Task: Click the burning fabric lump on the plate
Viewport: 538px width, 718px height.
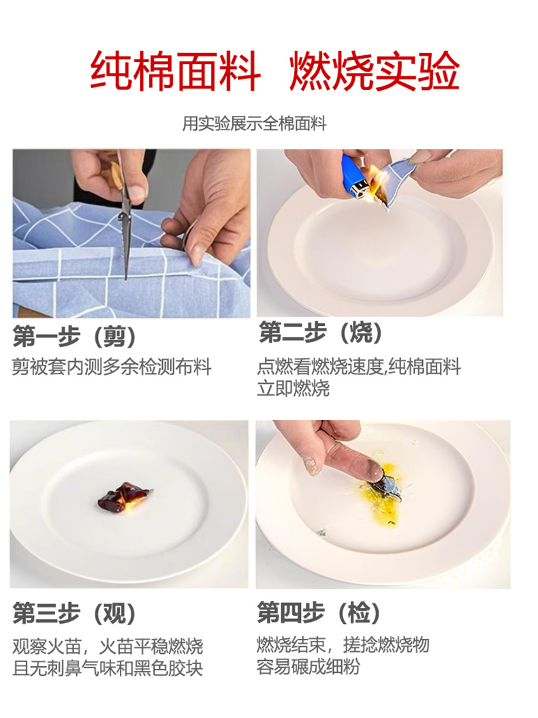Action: pyautogui.click(x=123, y=497)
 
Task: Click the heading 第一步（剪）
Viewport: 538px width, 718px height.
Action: pyautogui.click(x=74, y=337)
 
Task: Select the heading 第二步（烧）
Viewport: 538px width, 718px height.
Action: pyautogui.click(x=321, y=333)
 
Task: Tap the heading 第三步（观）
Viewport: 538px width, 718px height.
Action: pyautogui.click(x=74, y=614)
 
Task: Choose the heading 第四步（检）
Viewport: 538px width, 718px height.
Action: pyautogui.click(x=319, y=613)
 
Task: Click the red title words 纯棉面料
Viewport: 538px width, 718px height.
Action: pyautogui.click(x=175, y=71)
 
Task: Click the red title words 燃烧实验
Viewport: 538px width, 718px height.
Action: pyautogui.click(x=375, y=71)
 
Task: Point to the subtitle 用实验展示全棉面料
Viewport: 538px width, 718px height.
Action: pyautogui.click(x=255, y=123)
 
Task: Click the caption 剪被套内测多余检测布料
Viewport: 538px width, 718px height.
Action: pyautogui.click(x=112, y=367)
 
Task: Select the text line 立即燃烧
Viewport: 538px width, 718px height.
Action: pyautogui.click(x=294, y=388)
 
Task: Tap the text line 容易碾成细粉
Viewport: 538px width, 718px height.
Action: pyautogui.click(x=308, y=667)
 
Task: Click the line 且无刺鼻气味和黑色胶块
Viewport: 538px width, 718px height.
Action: pyautogui.click(x=108, y=668)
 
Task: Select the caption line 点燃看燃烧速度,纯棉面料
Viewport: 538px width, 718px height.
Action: pyautogui.click(x=359, y=367)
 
